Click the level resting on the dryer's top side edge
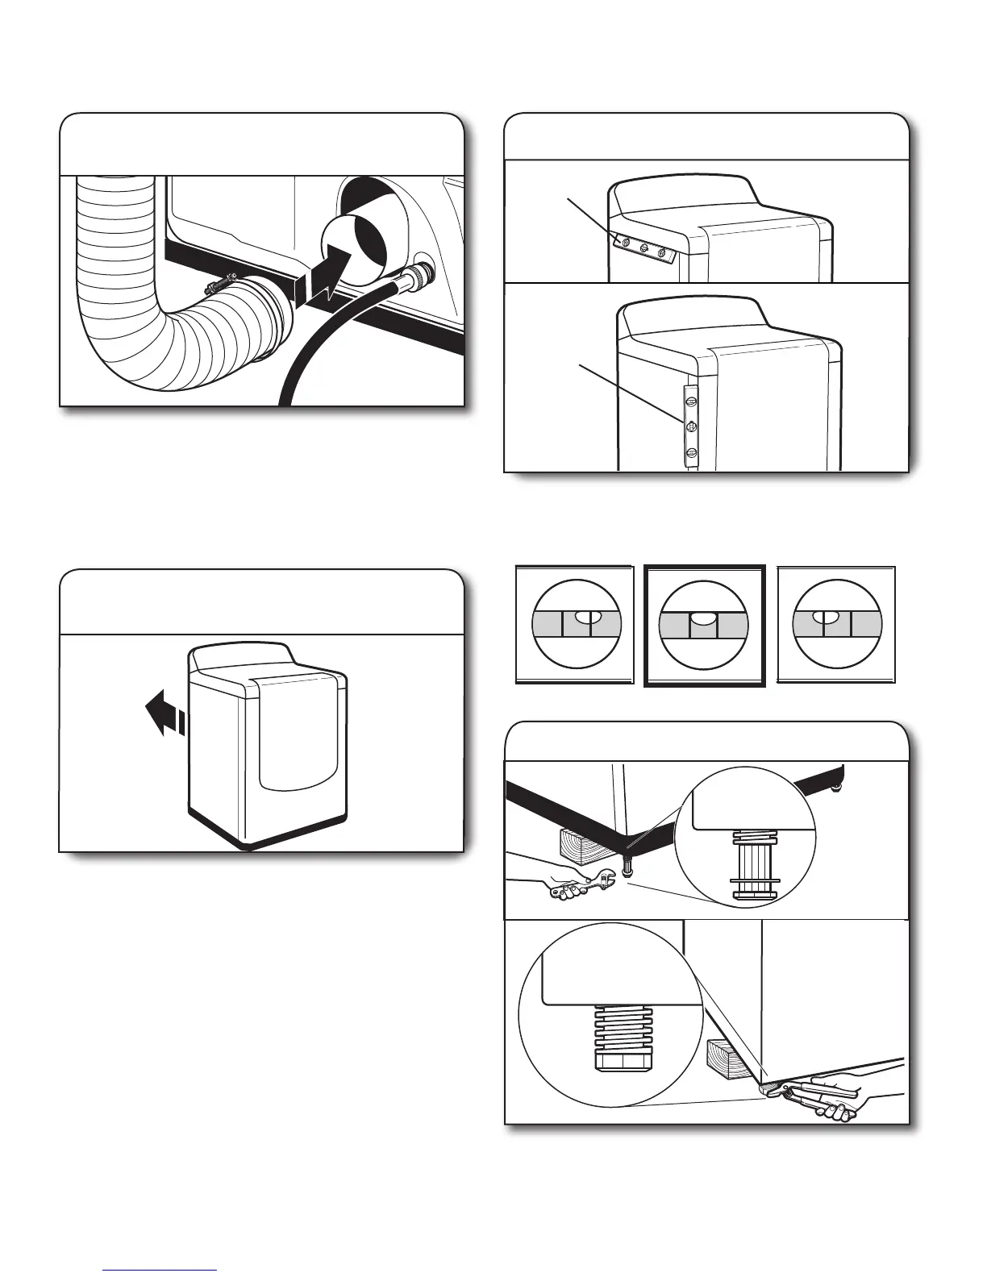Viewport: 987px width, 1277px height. [642, 247]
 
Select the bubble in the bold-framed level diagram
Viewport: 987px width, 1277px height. [702, 618]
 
